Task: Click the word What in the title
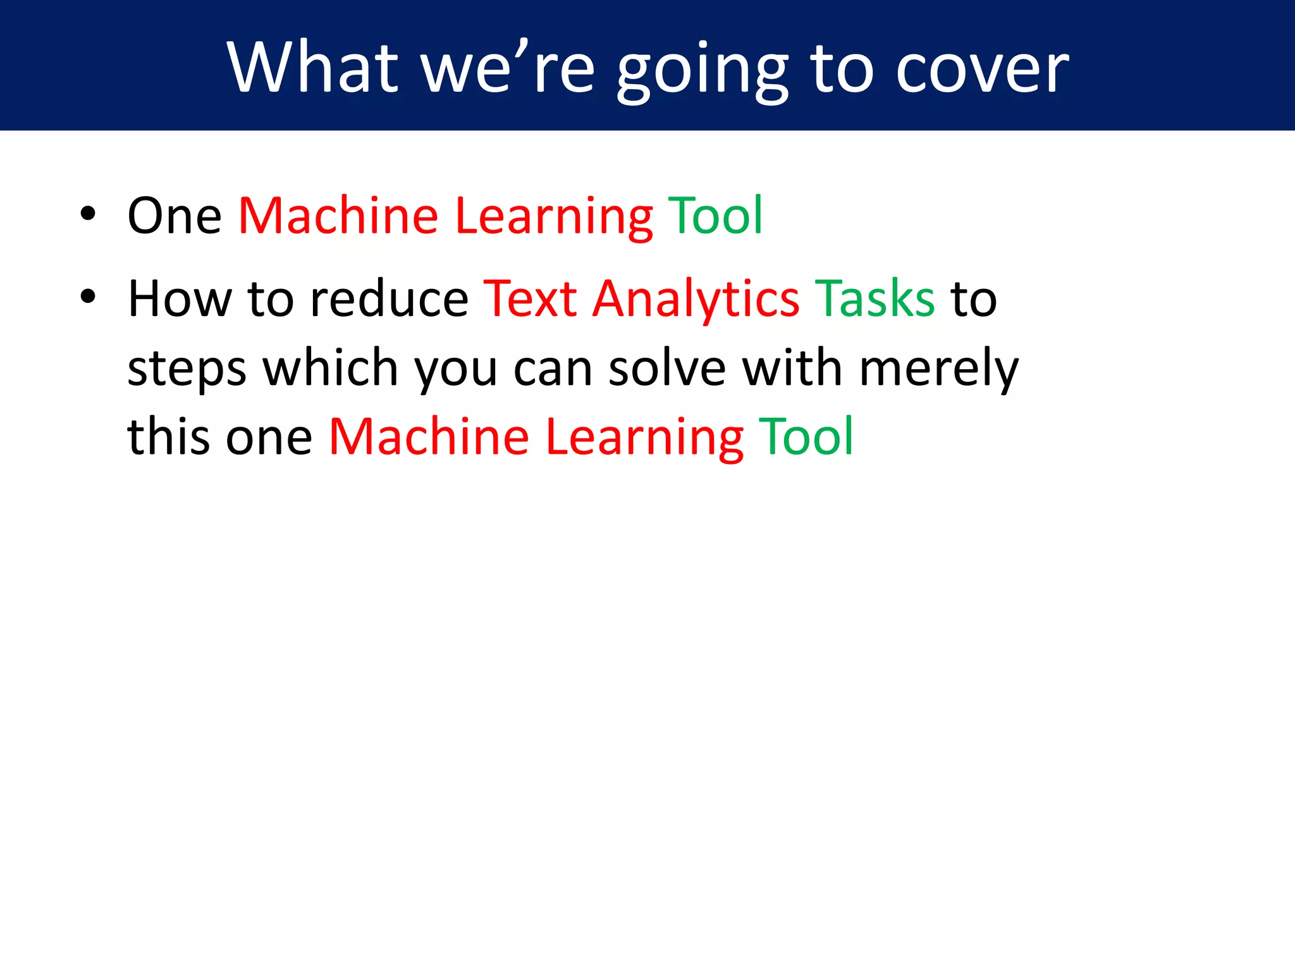coord(312,67)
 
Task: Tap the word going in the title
coord(703,70)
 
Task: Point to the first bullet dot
coord(88,214)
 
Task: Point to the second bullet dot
coord(88,296)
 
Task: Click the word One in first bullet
coord(175,216)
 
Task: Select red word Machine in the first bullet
coord(338,216)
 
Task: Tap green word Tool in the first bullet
coord(715,216)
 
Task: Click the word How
coord(180,298)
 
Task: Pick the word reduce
coord(390,298)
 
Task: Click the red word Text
coord(530,298)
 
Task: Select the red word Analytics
coord(696,300)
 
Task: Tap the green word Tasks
coord(875,298)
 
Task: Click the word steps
coord(187,369)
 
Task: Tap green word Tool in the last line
coord(806,437)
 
